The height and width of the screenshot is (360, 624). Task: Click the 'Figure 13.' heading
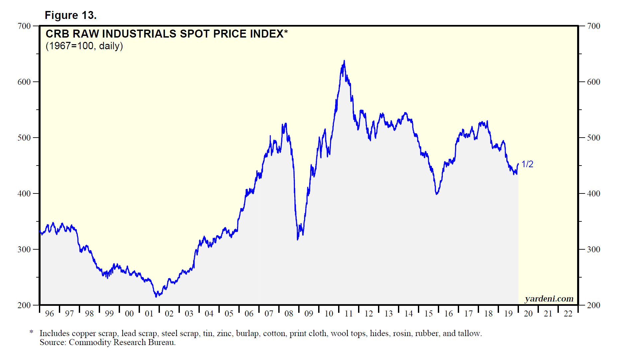pos(70,15)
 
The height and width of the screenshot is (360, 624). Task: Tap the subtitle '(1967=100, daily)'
pos(84,46)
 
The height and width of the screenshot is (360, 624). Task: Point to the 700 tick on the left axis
pos(24,26)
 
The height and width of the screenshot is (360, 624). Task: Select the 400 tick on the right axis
pos(593,193)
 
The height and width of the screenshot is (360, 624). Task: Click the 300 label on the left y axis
pos(24,249)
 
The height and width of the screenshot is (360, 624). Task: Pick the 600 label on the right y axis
pos(593,82)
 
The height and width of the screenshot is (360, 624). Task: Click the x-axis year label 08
pos(289,313)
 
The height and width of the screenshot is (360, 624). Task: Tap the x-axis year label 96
pos(50,313)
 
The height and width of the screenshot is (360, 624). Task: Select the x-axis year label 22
pos(568,313)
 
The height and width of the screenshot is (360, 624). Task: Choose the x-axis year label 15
pos(429,313)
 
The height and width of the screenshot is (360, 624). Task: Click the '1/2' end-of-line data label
pos(527,164)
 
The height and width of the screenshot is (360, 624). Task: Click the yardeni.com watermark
pos(549,299)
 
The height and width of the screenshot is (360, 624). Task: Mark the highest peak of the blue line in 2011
pos(344,61)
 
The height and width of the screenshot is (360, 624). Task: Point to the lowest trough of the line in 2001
pos(156,297)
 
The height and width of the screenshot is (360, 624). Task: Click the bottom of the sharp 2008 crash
pos(298,239)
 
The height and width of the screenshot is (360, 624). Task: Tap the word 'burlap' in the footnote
pos(247,333)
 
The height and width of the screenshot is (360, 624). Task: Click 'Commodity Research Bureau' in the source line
pos(122,342)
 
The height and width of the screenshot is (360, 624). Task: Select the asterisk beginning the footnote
pos(32,332)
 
